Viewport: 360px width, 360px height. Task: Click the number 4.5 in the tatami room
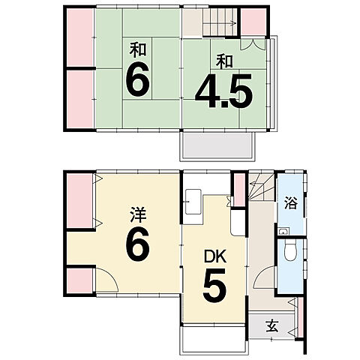click(x=223, y=91)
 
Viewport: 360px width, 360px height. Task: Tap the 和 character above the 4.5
click(x=224, y=61)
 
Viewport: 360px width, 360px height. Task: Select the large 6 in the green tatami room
click(x=138, y=79)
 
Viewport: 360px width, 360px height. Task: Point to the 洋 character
click(x=138, y=214)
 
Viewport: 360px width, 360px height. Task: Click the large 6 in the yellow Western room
click(x=138, y=244)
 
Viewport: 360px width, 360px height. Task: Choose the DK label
click(x=215, y=256)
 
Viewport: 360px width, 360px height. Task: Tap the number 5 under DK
click(x=214, y=286)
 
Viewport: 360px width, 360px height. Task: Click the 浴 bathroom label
click(x=291, y=202)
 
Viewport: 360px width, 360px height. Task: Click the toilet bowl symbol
click(x=290, y=251)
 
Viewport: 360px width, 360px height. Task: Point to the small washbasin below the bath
click(x=283, y=231)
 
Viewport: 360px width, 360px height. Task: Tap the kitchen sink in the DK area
click(x=193, y=202)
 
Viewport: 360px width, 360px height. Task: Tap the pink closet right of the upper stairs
click(x=253, y=22)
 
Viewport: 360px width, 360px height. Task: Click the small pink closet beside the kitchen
click(x=239, y=190)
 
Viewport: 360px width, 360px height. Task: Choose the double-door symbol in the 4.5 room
click(x=253, y=44)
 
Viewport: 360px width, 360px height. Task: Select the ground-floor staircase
click(x=262, y=187)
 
